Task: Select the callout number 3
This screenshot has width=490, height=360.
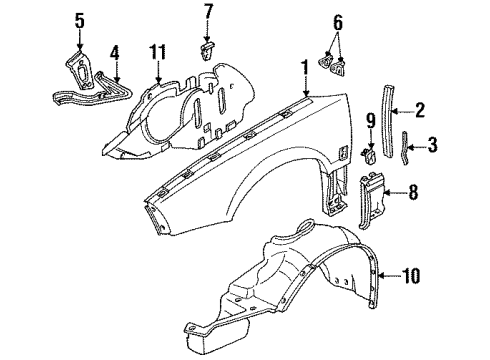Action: (x=432, y=146)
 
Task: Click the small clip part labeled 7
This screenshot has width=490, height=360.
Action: (x=208, y=46)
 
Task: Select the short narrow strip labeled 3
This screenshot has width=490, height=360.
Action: (x=405, y=148)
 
